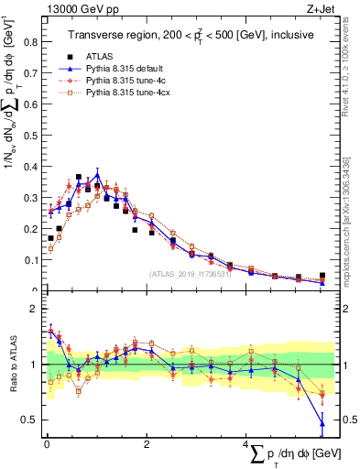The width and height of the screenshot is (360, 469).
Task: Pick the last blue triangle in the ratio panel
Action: [x=322, y=422]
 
